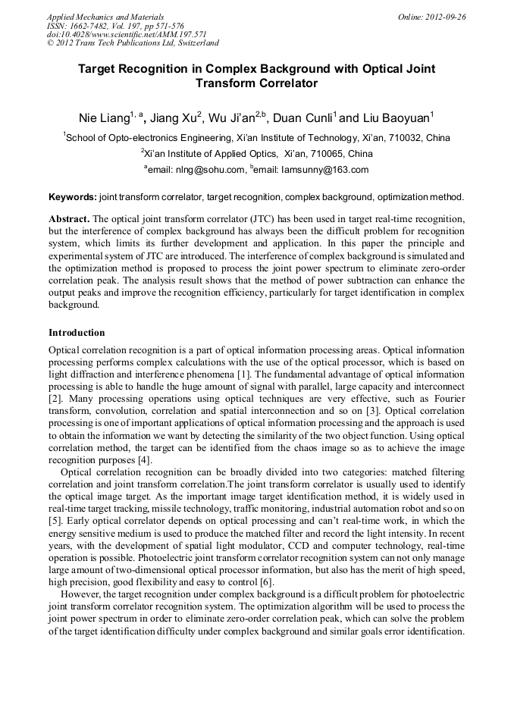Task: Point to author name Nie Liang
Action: (103, 118)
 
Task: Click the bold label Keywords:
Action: (73, 197)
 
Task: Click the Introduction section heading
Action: (77, 333)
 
